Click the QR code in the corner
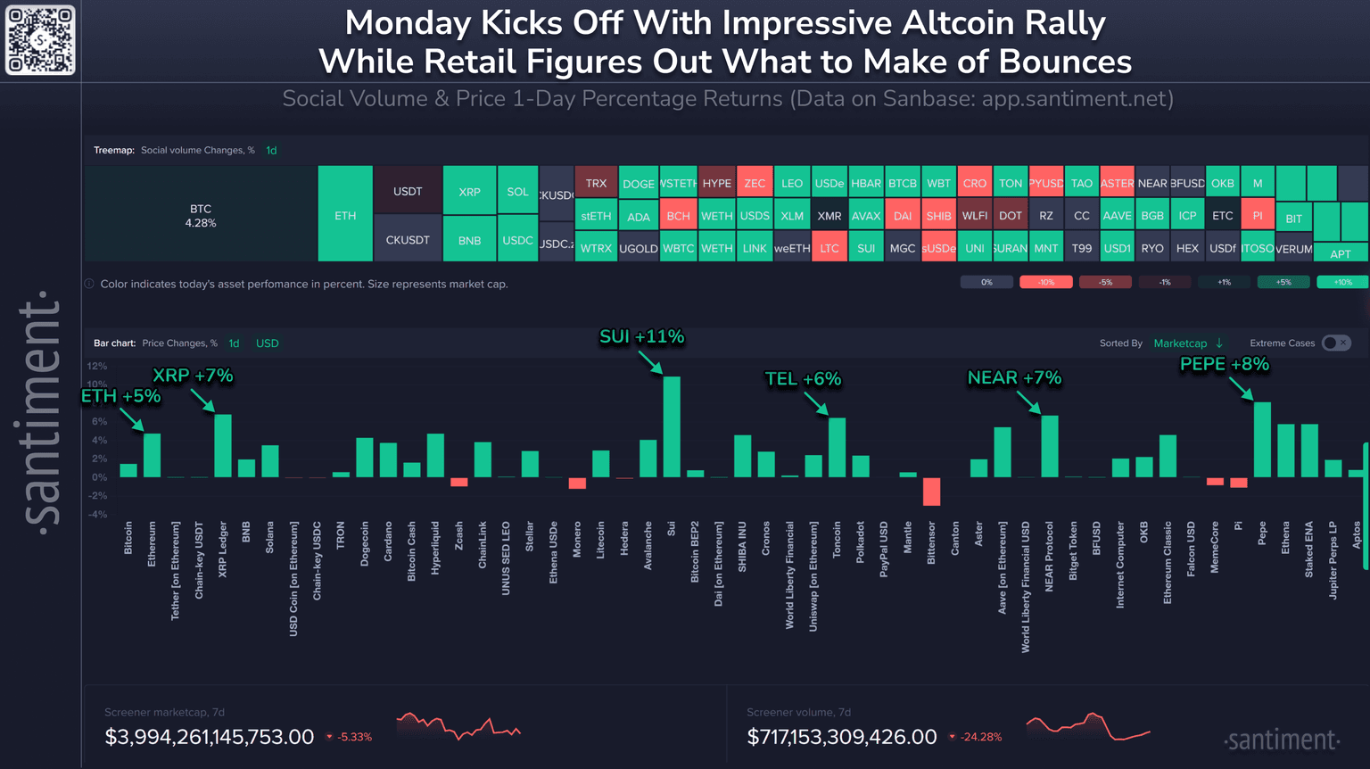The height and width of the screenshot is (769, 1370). (40, 40)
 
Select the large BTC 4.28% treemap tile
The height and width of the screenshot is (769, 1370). (201, 214)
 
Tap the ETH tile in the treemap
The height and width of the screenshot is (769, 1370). (345, 215)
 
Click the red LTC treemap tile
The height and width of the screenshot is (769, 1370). (829, 248)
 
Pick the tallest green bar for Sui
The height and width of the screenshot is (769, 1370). (672, 426)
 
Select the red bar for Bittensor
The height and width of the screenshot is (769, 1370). (931, 492)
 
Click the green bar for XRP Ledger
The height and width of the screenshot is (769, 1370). (223, 445)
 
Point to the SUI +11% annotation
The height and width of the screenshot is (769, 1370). (641, 337)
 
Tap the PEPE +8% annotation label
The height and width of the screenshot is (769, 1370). (1224, 364)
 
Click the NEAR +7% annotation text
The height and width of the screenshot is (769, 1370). (1014, 378)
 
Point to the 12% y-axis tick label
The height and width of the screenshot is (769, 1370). (97, 366)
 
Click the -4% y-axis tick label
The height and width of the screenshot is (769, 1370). (97, 514)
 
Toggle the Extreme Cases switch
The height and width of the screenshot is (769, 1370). (1336, 343)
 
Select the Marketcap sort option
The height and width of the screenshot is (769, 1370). (1180, 343)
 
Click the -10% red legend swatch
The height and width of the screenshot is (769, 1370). (1045, 282)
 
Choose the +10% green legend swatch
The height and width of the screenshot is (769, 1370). (1341, 282)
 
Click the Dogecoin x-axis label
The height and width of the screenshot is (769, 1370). (365, 544)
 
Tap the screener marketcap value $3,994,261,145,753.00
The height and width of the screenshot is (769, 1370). (210, 737)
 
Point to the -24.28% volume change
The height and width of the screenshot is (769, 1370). (981, 737)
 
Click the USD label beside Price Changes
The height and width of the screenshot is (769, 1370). (268, 343)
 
